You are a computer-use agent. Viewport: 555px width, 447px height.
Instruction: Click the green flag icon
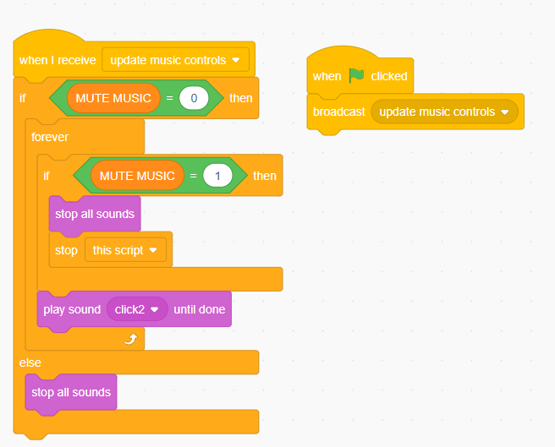(356, 75)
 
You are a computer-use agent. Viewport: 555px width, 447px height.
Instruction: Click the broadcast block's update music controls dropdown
(444, 112)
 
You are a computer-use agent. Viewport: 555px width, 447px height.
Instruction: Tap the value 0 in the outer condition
(194, 98)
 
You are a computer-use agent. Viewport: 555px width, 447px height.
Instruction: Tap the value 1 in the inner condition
(217, 176)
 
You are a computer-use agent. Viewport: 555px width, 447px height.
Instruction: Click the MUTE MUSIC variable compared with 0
(113, 98)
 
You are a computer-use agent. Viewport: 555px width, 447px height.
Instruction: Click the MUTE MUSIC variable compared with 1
(137, 176)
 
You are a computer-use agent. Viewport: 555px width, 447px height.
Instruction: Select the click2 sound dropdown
(136, 309)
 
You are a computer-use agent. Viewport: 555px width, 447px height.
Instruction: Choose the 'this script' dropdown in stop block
(125, 250)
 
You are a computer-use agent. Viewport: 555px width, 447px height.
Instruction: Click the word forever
(50, 136)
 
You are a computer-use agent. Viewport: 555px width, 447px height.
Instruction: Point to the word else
(30, 362)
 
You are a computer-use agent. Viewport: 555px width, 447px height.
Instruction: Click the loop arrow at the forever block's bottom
(130, 339)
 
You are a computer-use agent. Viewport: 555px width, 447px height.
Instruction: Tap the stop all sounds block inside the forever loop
(95, 214)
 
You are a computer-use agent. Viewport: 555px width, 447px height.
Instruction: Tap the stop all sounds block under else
(71, 392)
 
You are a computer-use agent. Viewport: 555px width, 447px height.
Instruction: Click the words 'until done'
(199, 309)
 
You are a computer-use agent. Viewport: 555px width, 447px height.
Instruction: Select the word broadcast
(338, 112)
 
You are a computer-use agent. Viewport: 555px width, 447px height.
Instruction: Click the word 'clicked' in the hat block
(388, 76)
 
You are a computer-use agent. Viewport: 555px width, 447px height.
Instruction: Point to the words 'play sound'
(72, 309)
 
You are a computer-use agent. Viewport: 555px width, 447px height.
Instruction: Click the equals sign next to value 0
(169, 98)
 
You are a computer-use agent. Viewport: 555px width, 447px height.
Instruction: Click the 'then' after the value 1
(265, 176)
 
